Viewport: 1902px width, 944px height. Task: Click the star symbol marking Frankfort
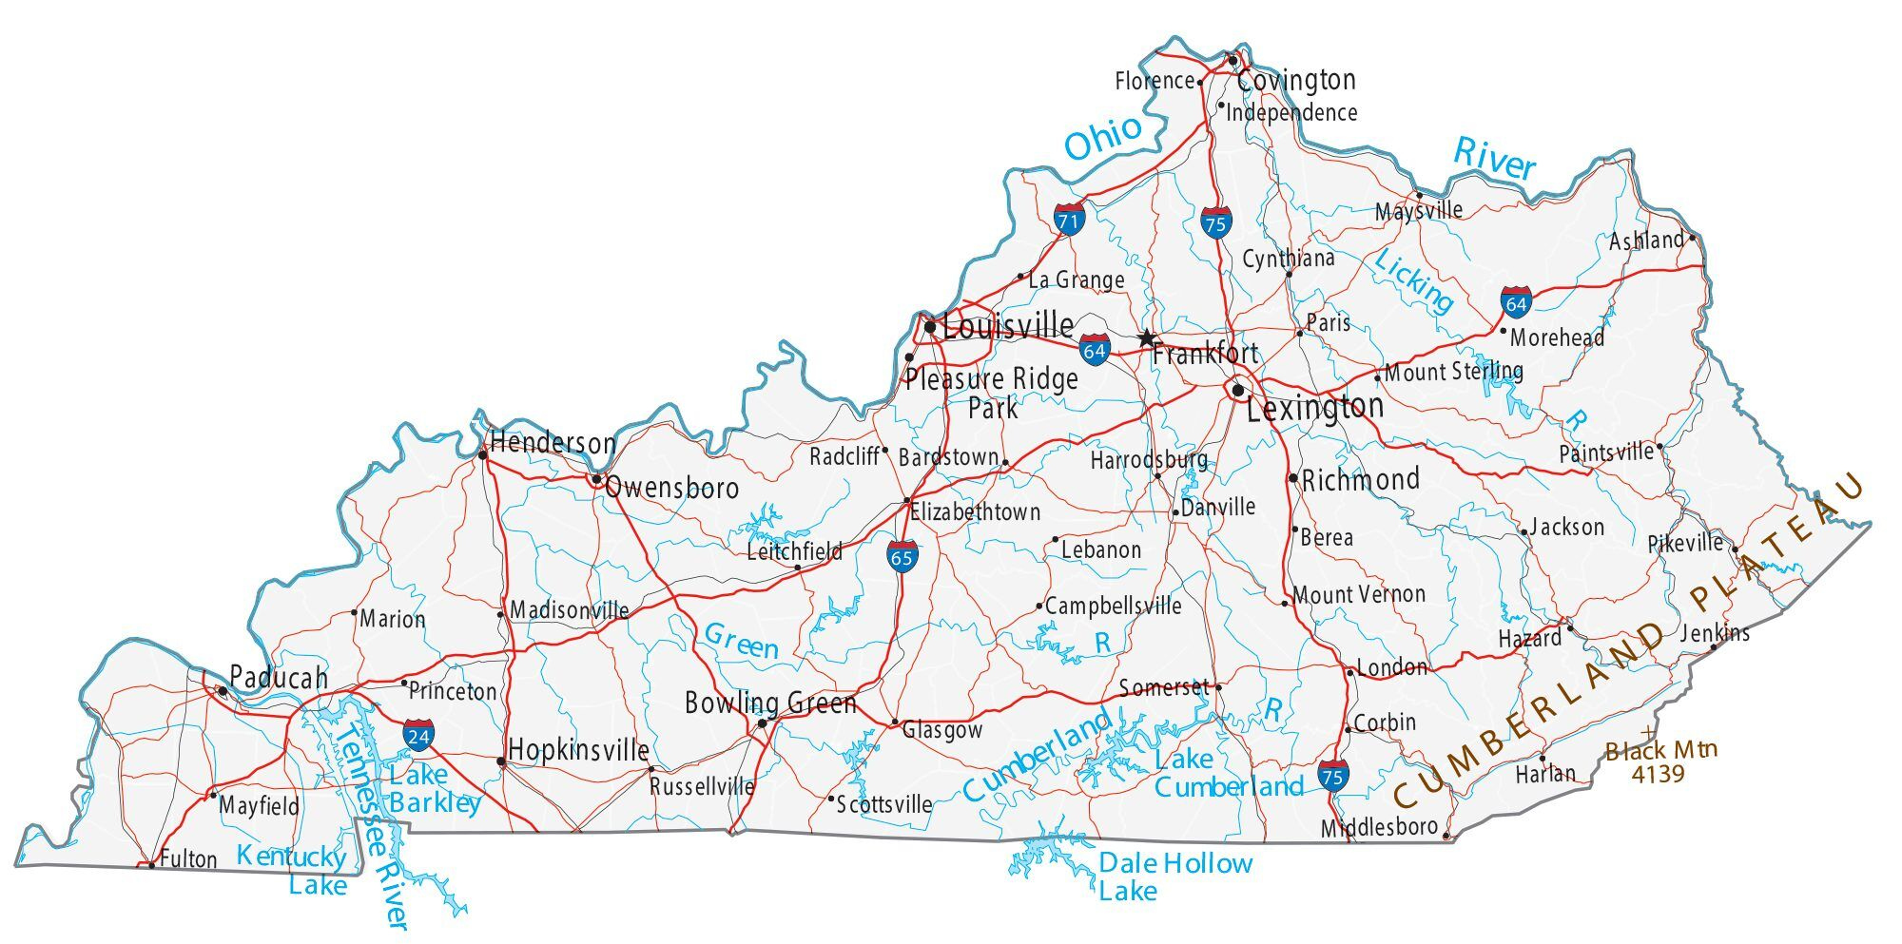pyautogui.click(x=1147, y=337)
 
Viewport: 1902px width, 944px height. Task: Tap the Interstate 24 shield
pyautogui.click(x=418, y=735)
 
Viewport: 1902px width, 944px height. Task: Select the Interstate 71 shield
pyautogui.click(x=1069, y=220)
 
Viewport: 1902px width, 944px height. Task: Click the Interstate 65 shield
pyautogui.click(x=902, y=556)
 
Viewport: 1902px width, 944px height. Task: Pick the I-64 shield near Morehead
pyautogui.click(x=1516, y=302)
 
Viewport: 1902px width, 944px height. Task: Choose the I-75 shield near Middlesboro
pyautogui.click(x=1332, y=775)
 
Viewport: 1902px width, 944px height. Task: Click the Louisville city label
pyautogui.click(x=1008, y=327)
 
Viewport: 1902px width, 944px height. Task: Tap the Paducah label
pyautogui.click(x=279, y=678)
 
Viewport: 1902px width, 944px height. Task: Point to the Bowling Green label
pyautogui.click(x=770, y=703)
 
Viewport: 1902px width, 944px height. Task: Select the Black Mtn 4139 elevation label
pyautogui.click(x=1660, y=761)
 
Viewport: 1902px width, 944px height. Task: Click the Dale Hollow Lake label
pyautogui.click(x=1174, y=877)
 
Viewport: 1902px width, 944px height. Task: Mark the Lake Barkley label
pyautogui.click(x=435, y=789)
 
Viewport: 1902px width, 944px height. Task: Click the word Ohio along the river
pyautogui.click(x=1103, y=140)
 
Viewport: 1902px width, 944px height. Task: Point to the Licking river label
pyautogui.click(x=1414, y=281)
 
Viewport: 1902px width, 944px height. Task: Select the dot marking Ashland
pyautogui.click(x=1693, y=238)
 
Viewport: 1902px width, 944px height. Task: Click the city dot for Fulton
pyautogui.click(x=152, y=864)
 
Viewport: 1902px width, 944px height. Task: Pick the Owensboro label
pyautogui.click(x=671, y=488)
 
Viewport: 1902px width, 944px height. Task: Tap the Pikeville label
pyautogui.click(x=1685, y=544)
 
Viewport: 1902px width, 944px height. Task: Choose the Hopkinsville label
pyautogui.click(x=578, y=750)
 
